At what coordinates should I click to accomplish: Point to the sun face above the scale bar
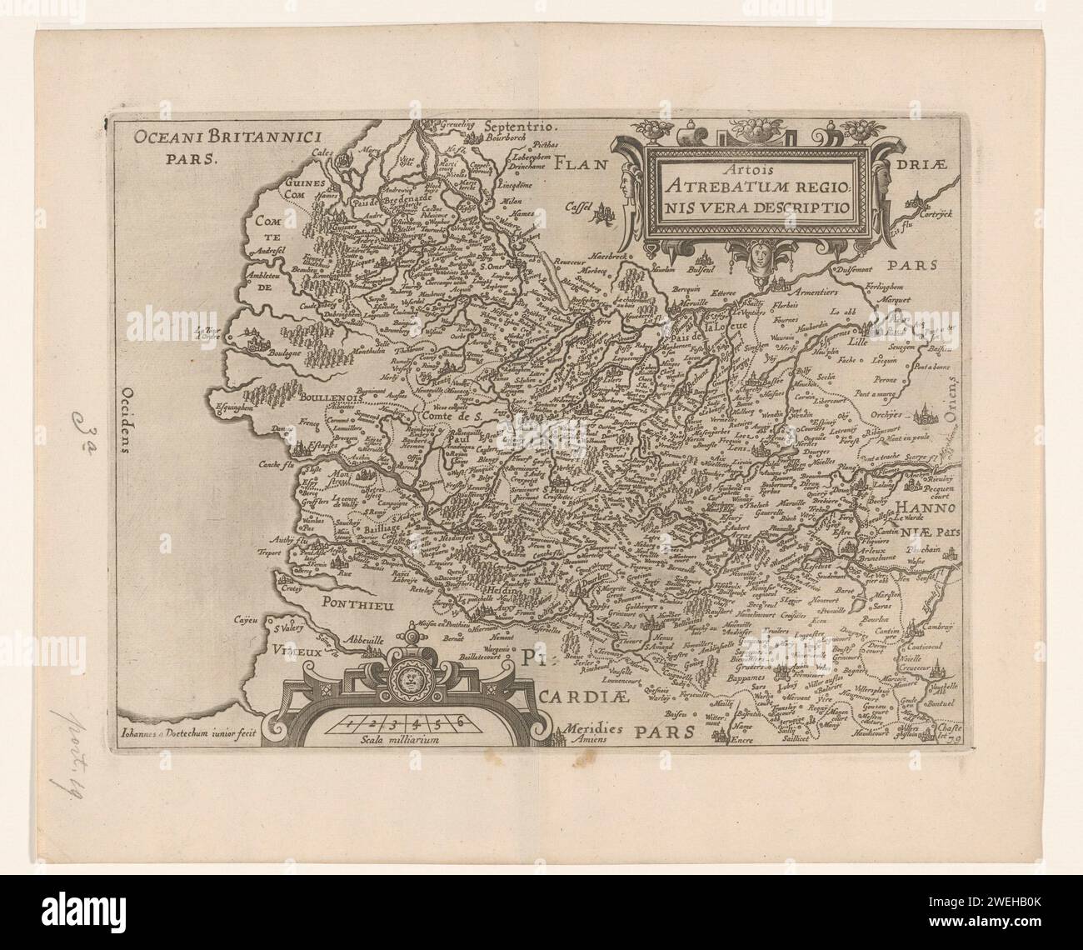coord(409,681)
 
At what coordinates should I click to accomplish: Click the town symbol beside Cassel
coord(602,218)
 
